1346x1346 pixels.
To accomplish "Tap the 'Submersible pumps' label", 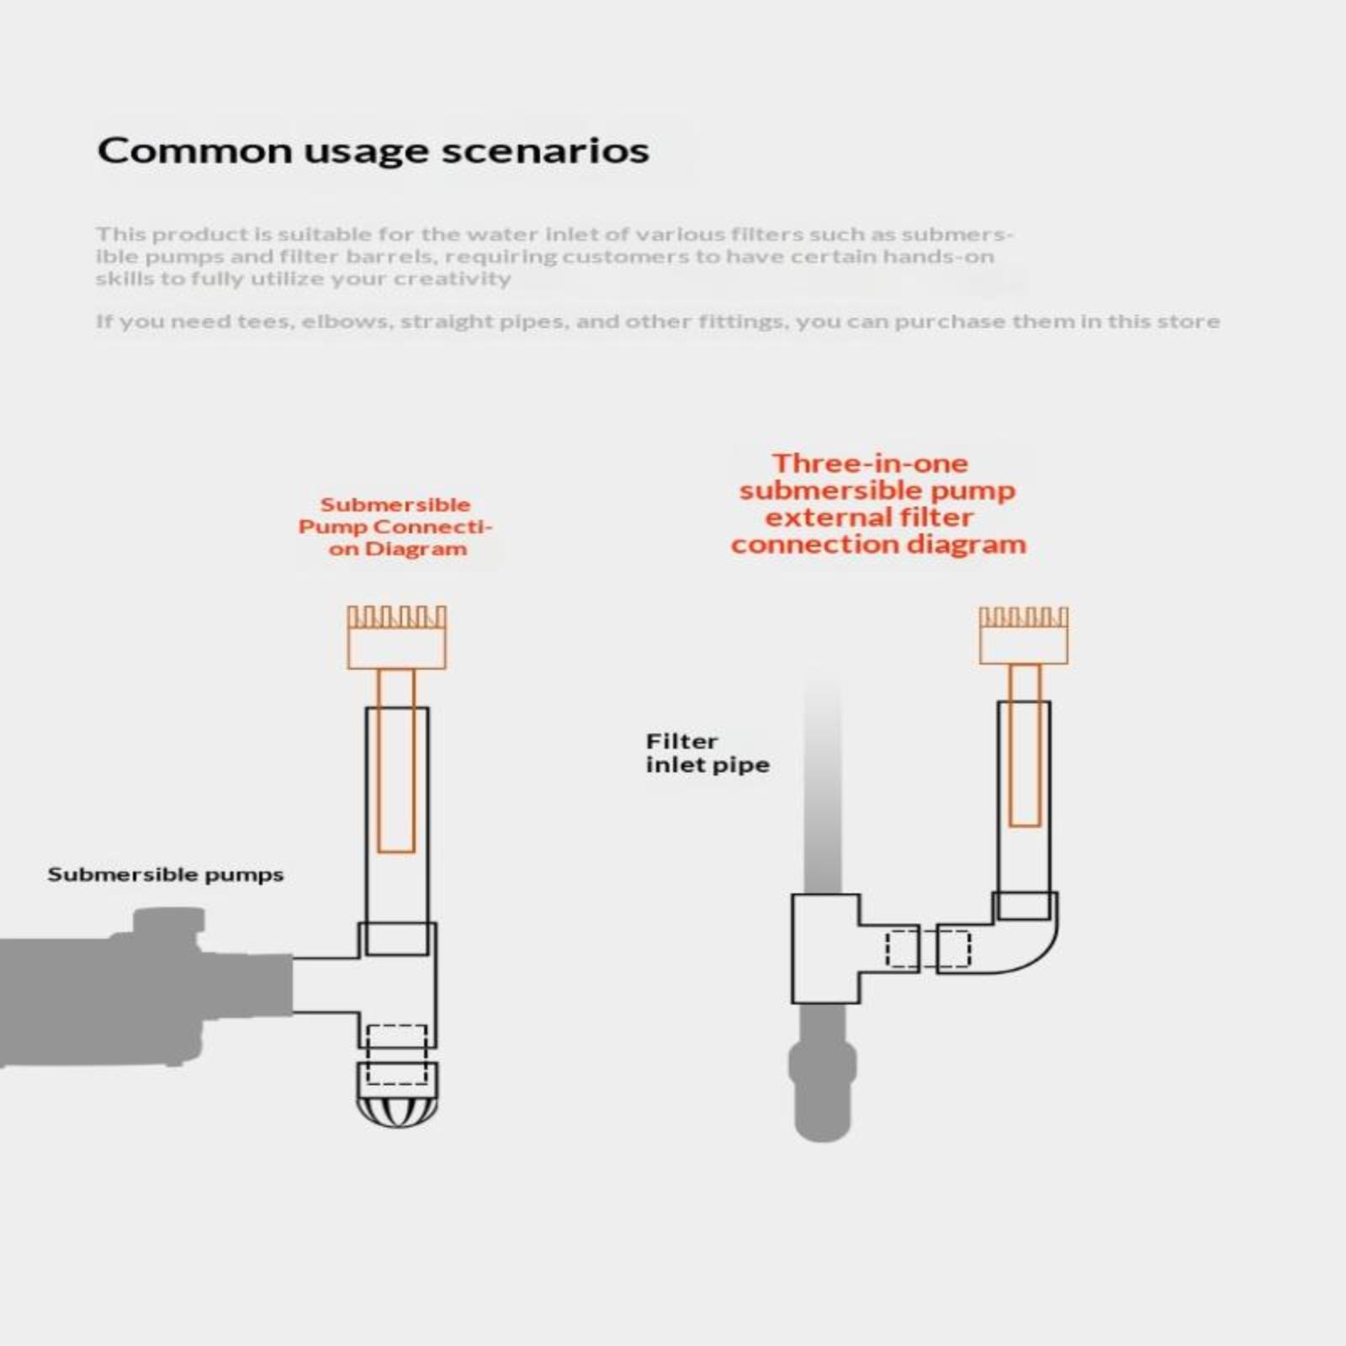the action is [165, 875].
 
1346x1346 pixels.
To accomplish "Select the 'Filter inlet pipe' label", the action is [707, 753].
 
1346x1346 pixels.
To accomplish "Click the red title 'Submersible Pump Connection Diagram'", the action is [395, 527].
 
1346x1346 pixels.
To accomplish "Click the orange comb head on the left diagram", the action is [397, 638].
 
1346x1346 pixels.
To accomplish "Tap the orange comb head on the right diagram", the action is [1024, 635].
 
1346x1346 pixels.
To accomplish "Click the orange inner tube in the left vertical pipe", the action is [395, 760].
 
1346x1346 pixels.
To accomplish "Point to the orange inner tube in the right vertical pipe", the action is [1025, 745].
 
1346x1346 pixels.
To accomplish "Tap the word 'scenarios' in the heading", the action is [545, 151].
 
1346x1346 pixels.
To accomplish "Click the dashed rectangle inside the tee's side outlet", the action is [903, 948].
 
